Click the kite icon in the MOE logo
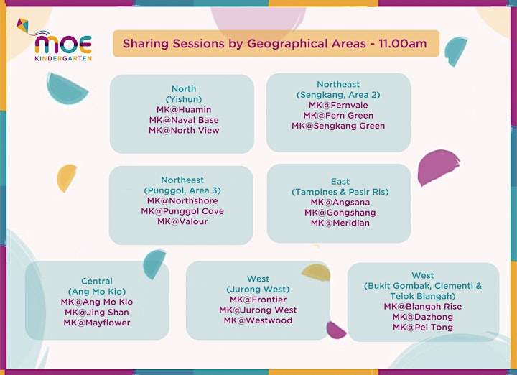[x=22, y=25]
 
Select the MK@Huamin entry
[x=184, y=109]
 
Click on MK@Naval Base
[x=184, y=120]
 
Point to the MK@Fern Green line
[x=338, y=116]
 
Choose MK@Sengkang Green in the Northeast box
[x=338, y=126]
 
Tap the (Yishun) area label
[x=184, y=99]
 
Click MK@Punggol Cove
[x=182, y=211]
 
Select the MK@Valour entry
[x=182, y=221]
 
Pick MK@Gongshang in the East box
[x=340, y=213]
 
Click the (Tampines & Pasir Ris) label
[x=340, y=192]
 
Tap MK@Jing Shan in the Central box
[x=97, y=312]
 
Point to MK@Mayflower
[x=97, y=323]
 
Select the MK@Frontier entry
[x=258, y=300]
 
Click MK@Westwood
[x=258, y=320]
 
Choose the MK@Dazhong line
[x=423, y=317]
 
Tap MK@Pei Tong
[x=423, y=327]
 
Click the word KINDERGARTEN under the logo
[x=63, y=58]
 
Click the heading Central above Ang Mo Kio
[x=97, y=281]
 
